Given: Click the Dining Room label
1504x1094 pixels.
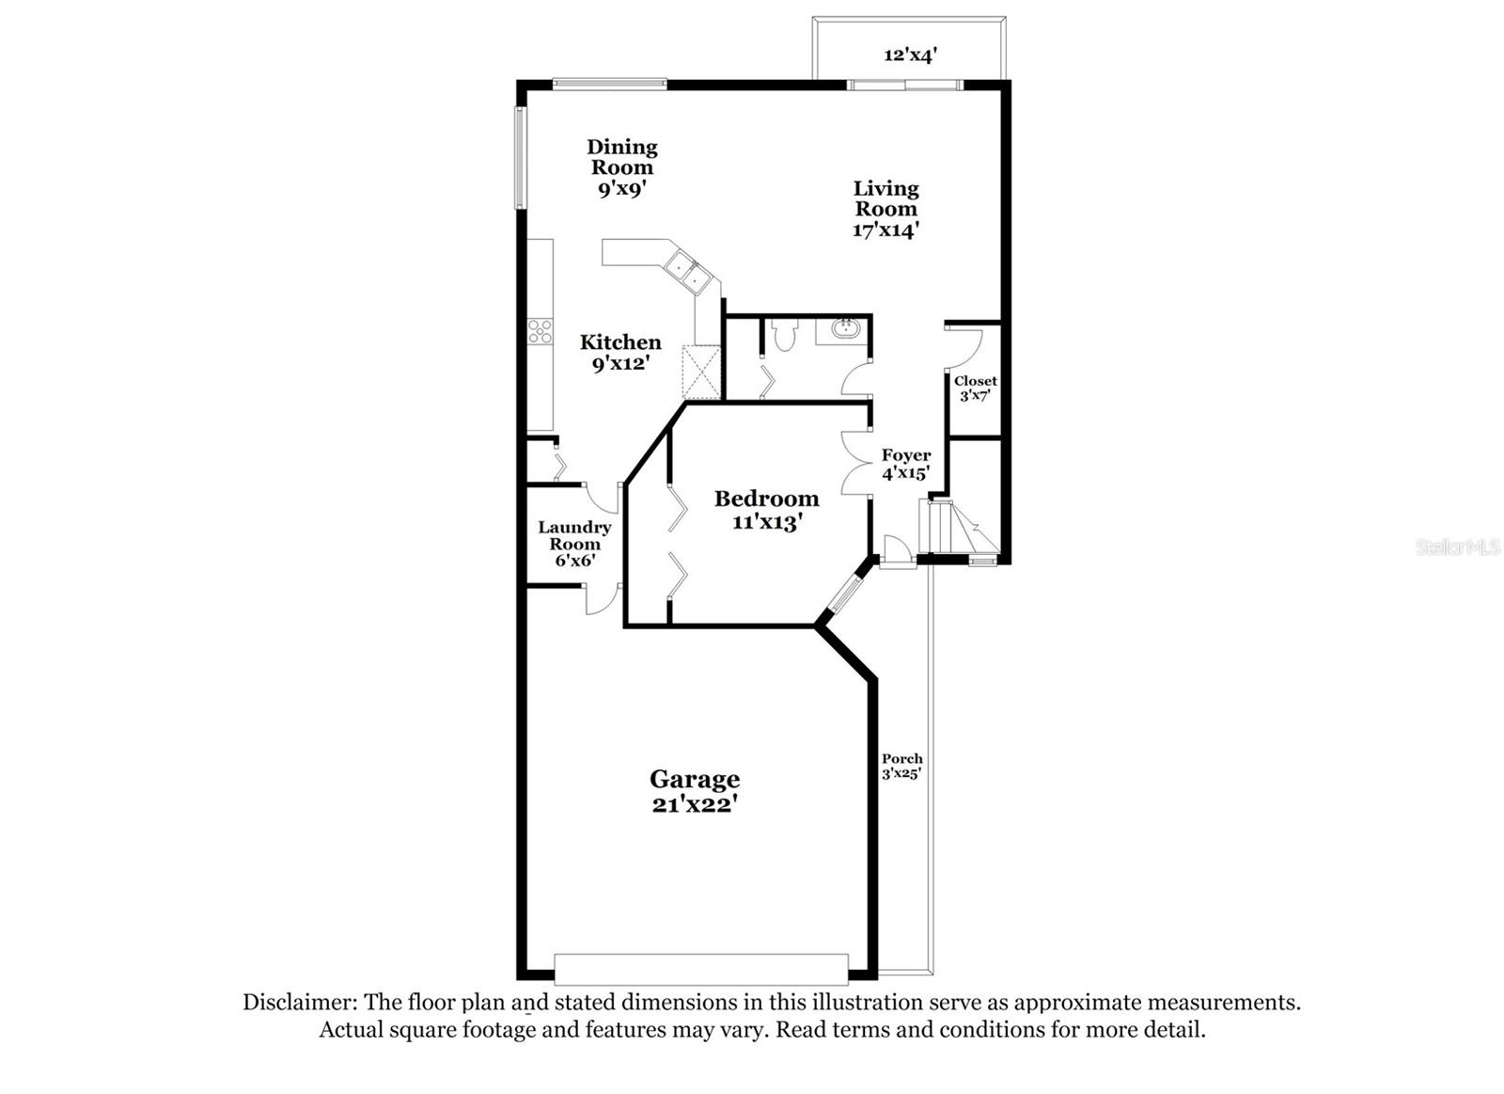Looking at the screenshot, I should pos(621,157).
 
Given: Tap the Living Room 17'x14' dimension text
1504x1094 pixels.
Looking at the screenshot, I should pos(885,230).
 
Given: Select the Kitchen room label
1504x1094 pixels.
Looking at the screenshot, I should pos(620,342).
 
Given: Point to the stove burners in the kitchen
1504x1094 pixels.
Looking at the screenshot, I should pos(540,331).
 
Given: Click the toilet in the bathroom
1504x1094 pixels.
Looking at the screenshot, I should pos(783,333).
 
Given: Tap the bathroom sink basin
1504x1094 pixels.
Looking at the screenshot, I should pos(845,329).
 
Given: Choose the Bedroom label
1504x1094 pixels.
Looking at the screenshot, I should pos(766,499).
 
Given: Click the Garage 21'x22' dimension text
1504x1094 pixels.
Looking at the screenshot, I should pos(694,805).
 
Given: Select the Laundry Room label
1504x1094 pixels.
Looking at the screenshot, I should pos(574,535).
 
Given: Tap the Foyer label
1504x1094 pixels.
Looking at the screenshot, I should pos(906,455).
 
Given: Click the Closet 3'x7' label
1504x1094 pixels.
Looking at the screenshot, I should pos(975,388).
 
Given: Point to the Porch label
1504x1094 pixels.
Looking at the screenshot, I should pos(901,759).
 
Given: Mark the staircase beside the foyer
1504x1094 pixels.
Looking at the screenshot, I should pos(959,529).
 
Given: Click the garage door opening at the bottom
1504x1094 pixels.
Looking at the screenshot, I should pos(701,969).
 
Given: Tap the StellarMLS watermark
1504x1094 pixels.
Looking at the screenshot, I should pos(1457,547).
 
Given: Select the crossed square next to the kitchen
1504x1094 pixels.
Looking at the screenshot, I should pos(701,373).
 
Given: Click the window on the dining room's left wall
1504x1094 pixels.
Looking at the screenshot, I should pos(518,158).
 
